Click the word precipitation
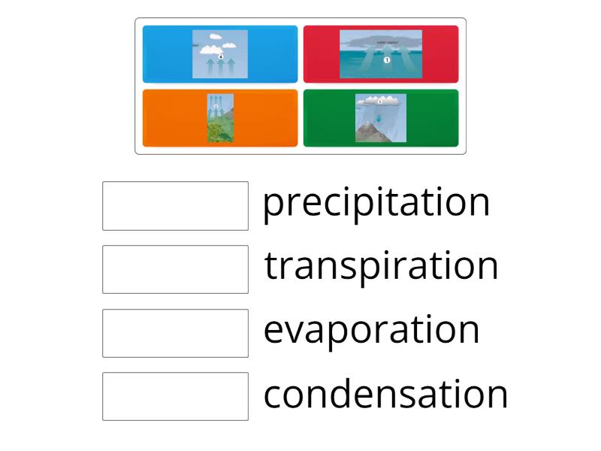point(376,203)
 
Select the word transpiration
point(381,266)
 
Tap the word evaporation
point(371,330)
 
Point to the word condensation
point(385,394)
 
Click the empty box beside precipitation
point(175,205)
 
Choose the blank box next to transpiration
point(175,269)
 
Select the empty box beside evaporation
point(175,333)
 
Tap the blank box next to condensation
point(175,396)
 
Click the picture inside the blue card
point(220,54)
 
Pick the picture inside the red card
point(381,54)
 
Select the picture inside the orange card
point(220,118)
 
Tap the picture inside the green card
point(381,118)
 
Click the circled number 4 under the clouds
point(221,56)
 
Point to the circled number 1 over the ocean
point(386,60)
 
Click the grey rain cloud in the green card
point(380,100)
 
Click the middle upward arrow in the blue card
point(220,68)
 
